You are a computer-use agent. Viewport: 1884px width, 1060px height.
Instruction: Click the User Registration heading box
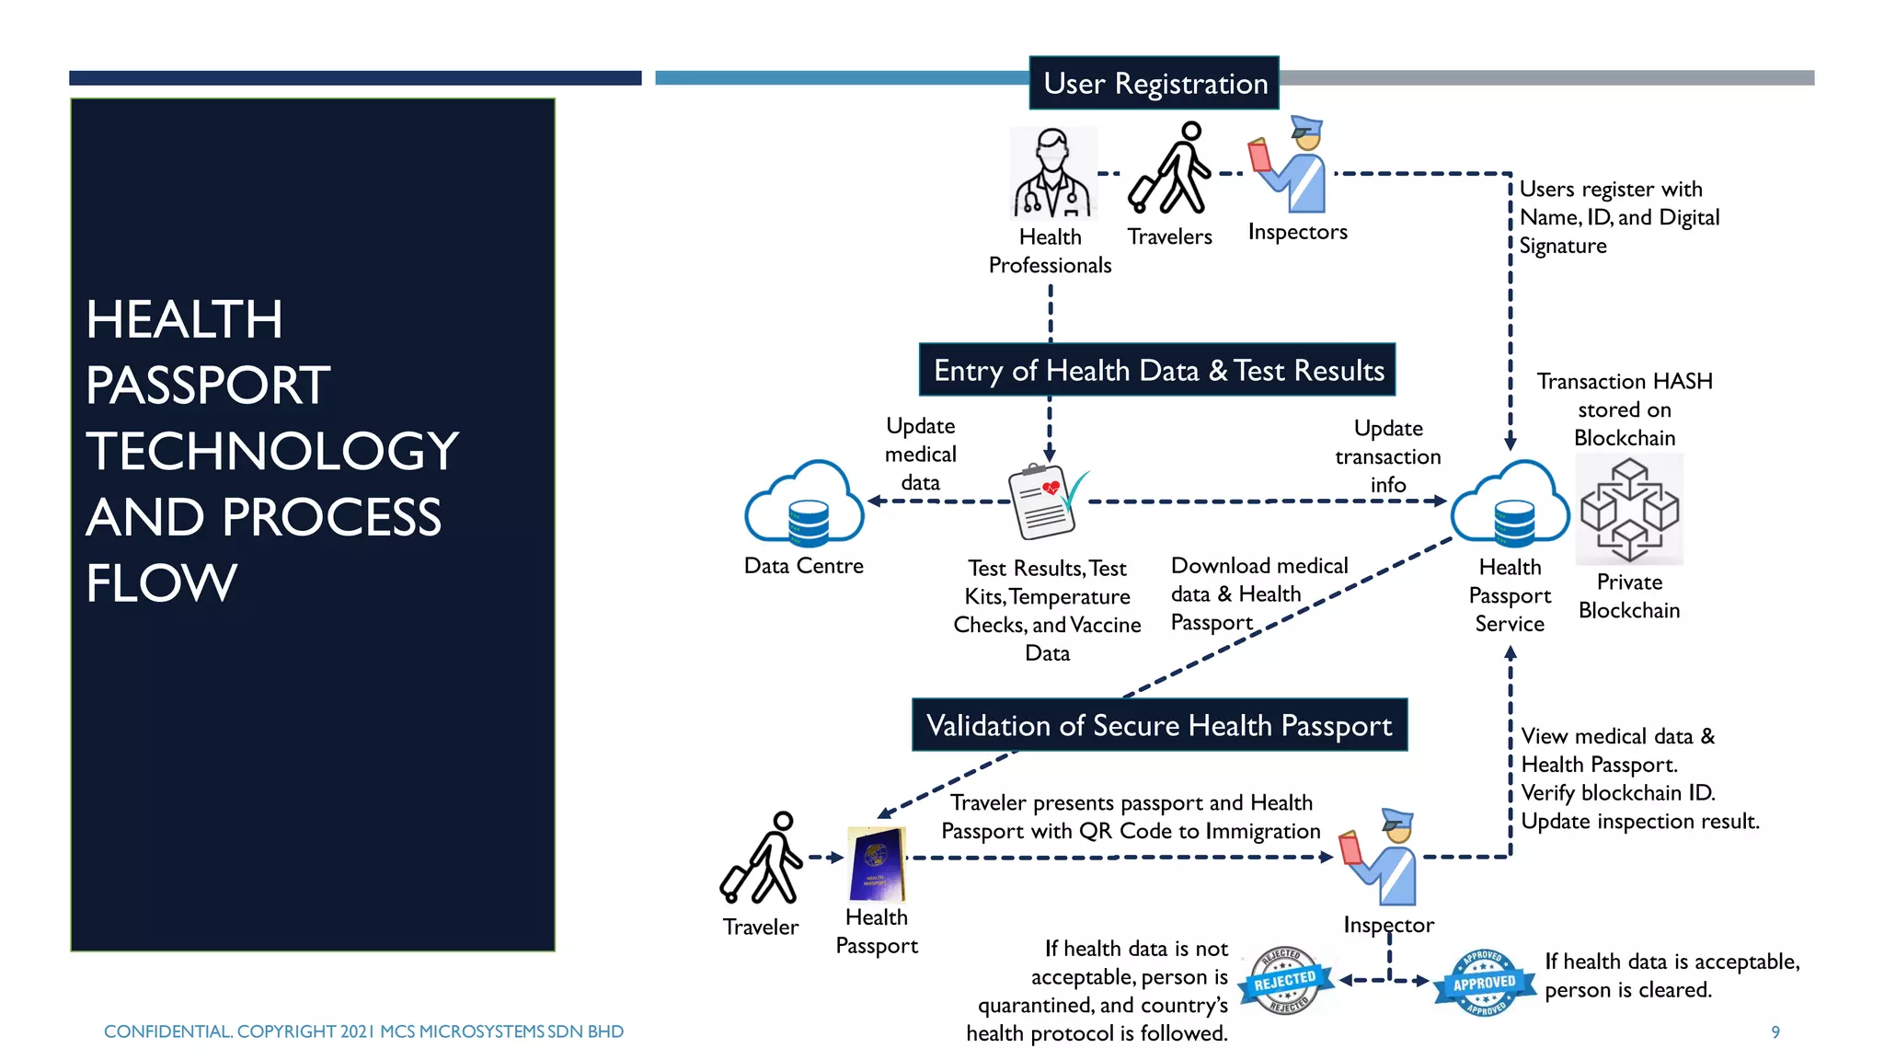(x=1155, y=84)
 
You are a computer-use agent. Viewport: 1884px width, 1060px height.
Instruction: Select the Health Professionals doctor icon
(x=1052, y=174)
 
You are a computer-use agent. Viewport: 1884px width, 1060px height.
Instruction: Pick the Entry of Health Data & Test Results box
(x=1157, y=370)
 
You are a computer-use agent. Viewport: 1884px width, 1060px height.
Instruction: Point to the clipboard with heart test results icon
(x=1045, y=501)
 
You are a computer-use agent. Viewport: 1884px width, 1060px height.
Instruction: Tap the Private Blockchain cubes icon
(x=1629, y=509)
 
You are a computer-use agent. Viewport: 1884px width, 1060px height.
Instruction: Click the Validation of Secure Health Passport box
(x=1159, y=725)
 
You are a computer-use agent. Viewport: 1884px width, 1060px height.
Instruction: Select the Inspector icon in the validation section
(x=1380, y=858)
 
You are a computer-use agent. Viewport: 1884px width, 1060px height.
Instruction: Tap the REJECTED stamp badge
(x=1285, y=981)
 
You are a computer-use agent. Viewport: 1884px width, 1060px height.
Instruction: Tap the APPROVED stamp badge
(x=1484, y=983)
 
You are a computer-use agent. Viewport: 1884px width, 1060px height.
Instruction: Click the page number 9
(x=1775, y=1032)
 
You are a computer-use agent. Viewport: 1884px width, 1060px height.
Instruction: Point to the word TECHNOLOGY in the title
(x=272, y=451)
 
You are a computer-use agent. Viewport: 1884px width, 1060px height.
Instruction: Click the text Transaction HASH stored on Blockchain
(x=1625, y=409)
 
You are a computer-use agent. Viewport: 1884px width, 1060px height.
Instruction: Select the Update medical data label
(x=920, y=454)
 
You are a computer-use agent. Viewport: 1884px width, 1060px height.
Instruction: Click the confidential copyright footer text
(x=363, y=1031)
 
